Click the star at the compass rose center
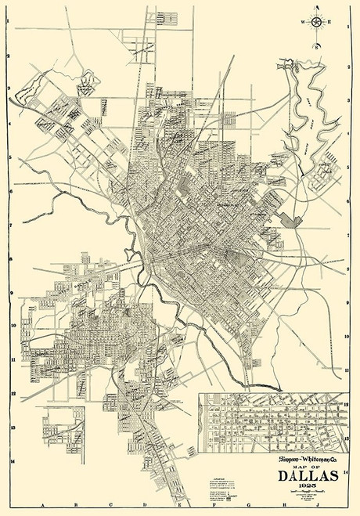click(317, 21)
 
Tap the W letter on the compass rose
click(301, 22)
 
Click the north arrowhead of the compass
click(317, 9)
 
